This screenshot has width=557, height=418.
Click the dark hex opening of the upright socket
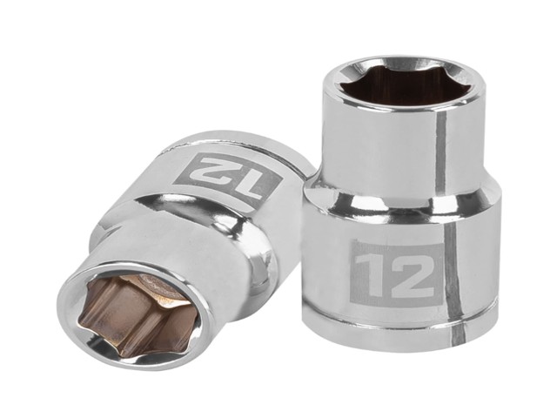pos(404,87)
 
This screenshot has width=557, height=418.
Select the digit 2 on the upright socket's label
pos(413,276)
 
